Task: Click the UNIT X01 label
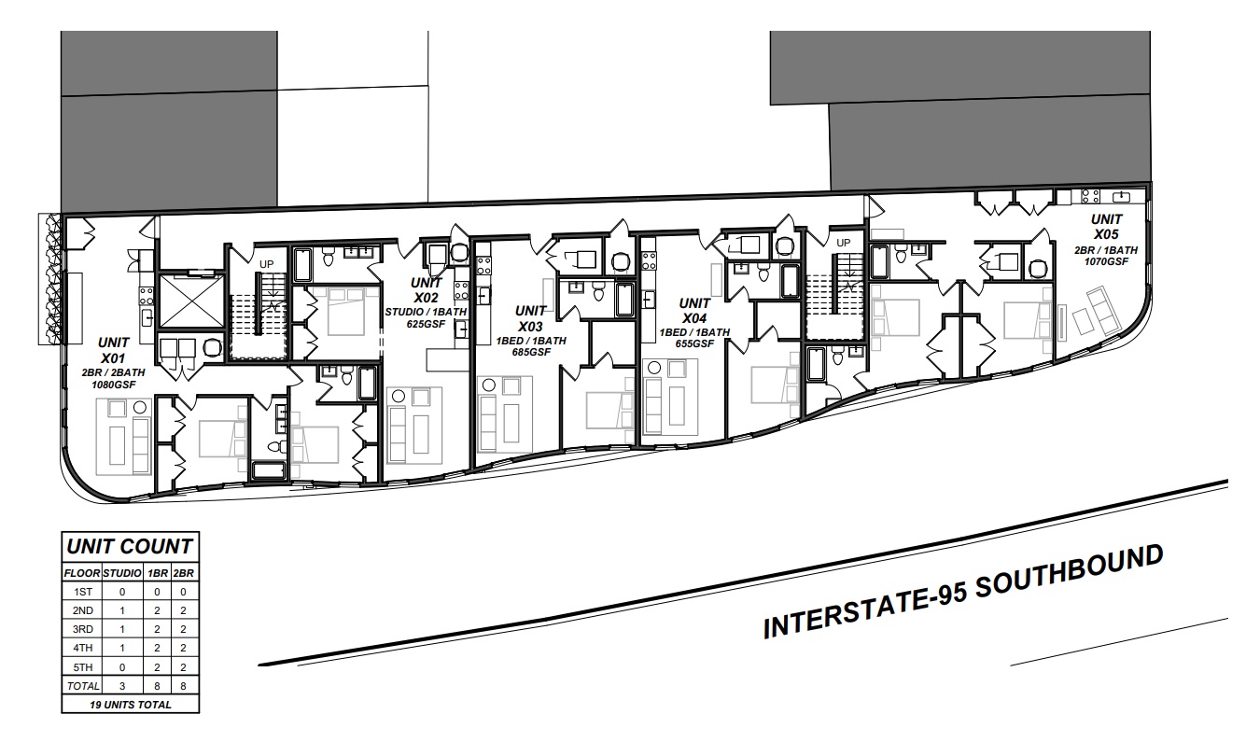(x=114, y=350)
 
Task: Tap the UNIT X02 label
(x=427, y=289)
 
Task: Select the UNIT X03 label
(x=531, y=318)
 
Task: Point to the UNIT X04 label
(x=694, y=311)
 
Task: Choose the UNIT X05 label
(x=1106, y=227)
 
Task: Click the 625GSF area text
(x=427, y=324)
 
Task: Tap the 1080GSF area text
(x=114, y=385)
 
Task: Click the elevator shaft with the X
(x=191, y=301)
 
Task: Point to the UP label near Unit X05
(x=844, y=243)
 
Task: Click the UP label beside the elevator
(x=266, y=264)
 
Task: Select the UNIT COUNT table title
(x=130, y=546)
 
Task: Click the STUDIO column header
(x=122, y=573)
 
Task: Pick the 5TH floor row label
(x=83, y=667)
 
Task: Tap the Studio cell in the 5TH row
(x=122, y=667)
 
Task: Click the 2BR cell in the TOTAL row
(x=183, y=686)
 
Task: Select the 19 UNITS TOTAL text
(x=130, y=705)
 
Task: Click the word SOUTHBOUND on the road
(x=1069, y=572)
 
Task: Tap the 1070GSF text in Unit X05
(x=1106, y=261)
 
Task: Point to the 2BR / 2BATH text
(x=114, y=372)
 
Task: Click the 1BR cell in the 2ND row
(x=157, y=610)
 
